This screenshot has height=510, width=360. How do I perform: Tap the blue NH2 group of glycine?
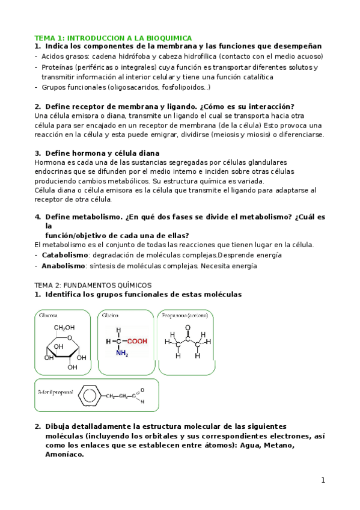coord(122,354)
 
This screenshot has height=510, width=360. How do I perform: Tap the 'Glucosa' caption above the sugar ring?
coord(48,315)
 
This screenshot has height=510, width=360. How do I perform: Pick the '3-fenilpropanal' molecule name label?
coord(55,392)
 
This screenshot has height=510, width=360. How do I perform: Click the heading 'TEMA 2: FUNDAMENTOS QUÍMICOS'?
coord(93,284)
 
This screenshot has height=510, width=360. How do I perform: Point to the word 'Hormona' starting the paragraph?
coord(50,162)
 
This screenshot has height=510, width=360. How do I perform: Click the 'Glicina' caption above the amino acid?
coord(110,315)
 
